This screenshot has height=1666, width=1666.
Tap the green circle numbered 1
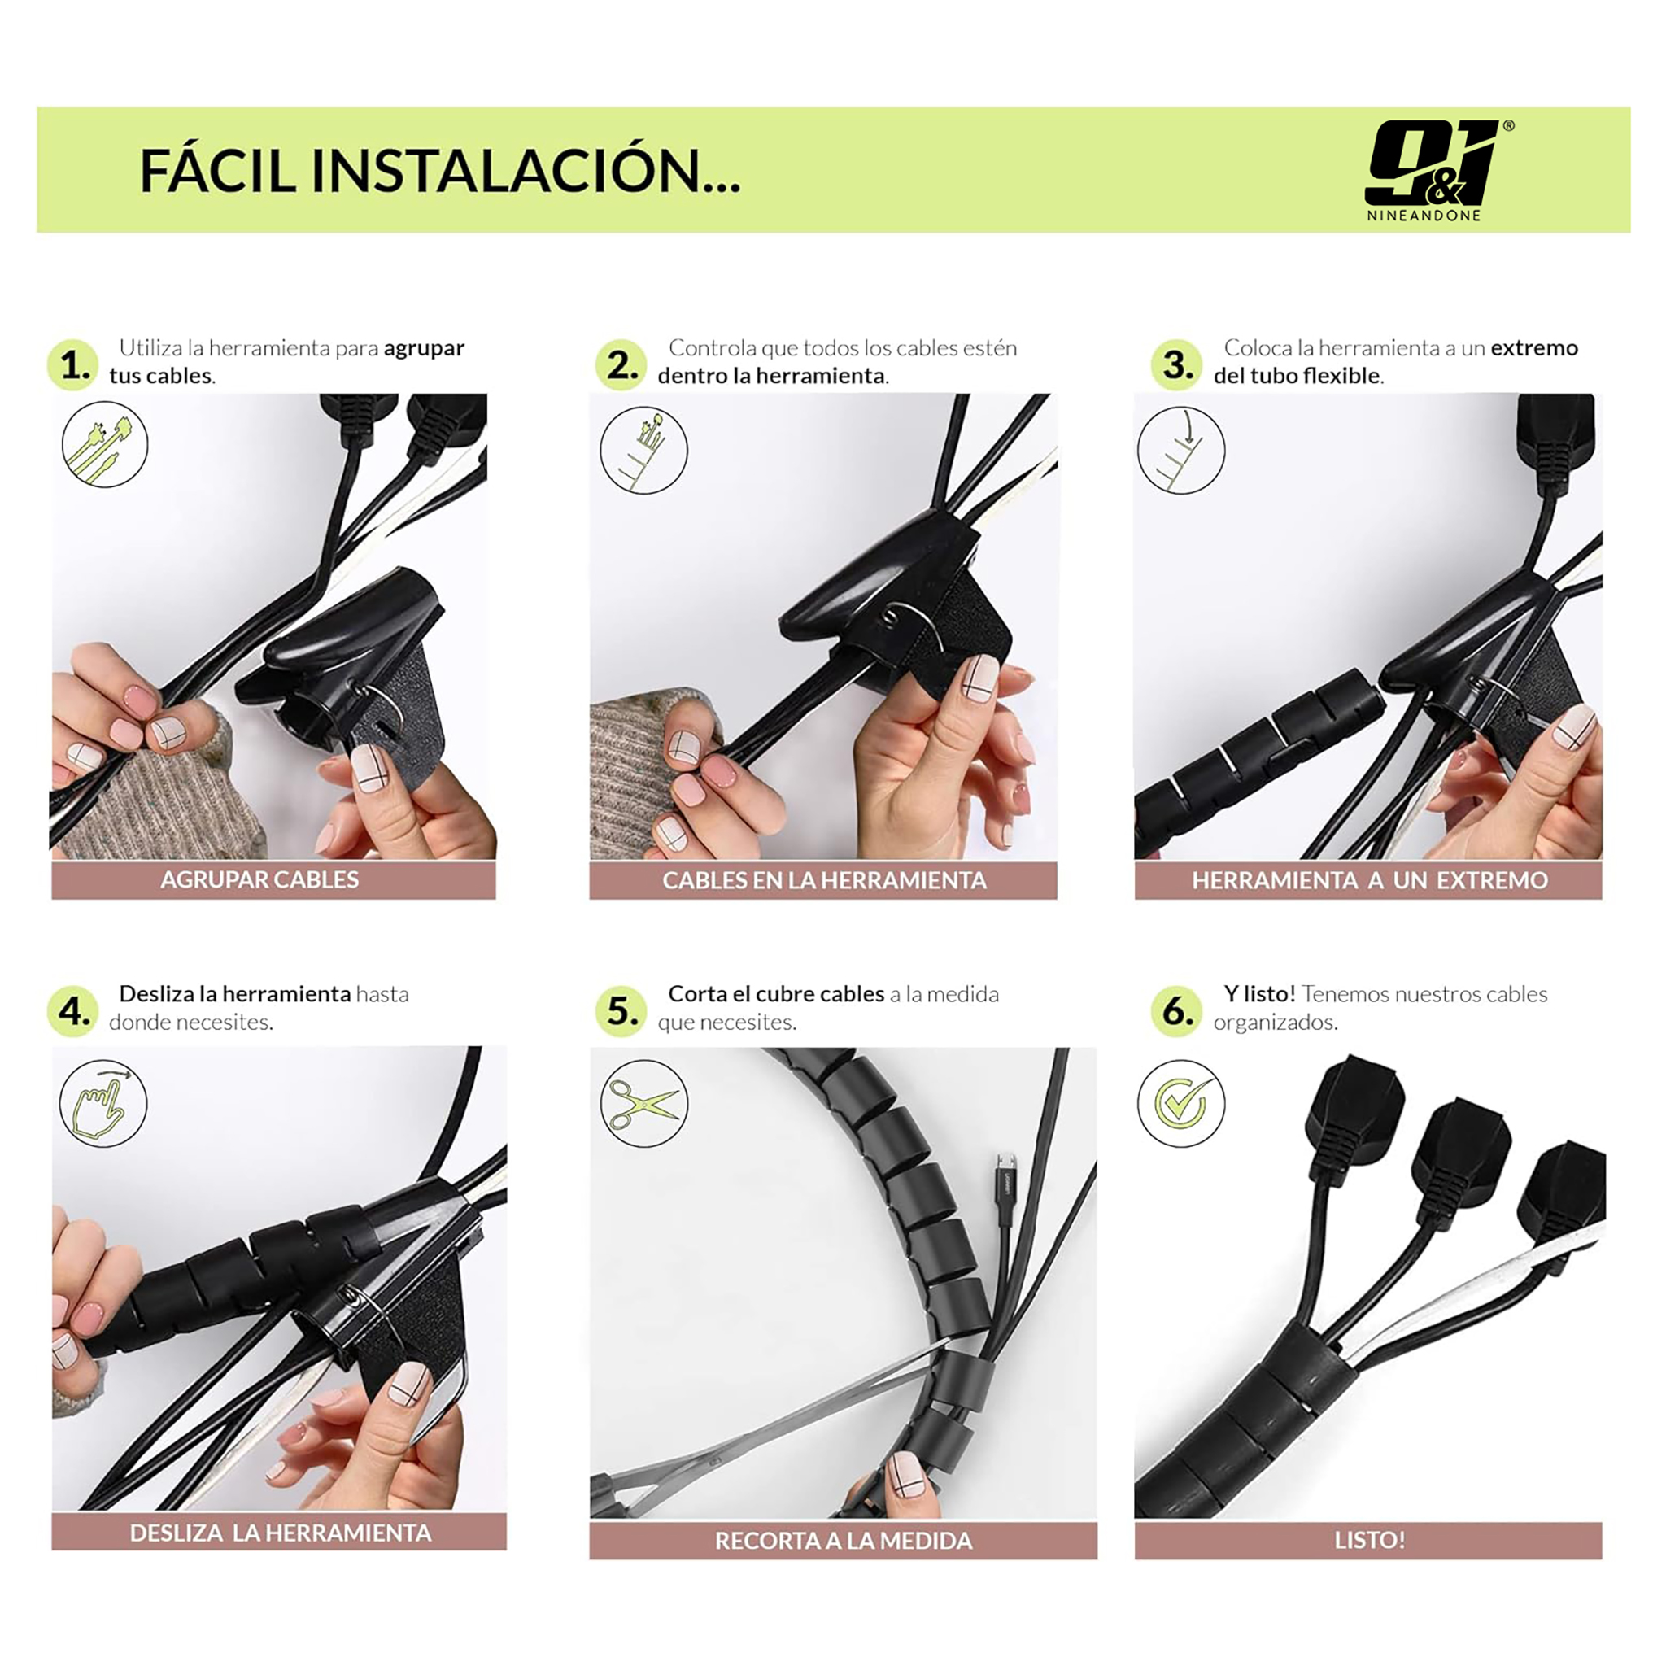[x=72, y=364]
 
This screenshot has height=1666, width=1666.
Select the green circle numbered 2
[x=621, y=364]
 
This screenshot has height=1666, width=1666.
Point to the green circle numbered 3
[x=1176, y=364]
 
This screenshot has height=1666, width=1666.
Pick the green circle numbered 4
[x=72, y=1010]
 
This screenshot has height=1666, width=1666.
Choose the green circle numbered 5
[x=621, y=1010]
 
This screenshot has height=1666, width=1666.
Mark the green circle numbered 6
[x=1176, y=1010]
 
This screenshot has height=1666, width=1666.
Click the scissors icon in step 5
[x=643, y=1104]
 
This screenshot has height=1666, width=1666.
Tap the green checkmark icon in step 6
[x=1181, y=1103]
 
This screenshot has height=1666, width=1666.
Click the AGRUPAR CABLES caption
[x=259, y=879]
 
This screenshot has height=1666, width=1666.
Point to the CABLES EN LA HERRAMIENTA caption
[x=823, y=880]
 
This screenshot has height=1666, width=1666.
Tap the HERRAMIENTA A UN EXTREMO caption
[x=1369, y=880]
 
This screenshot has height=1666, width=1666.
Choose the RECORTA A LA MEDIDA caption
[x=844, y=1541]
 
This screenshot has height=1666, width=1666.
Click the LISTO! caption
[x=1369, y=1540]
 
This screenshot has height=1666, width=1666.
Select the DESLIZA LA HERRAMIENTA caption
[x=281, y=1533]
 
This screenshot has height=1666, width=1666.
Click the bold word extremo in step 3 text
[x=1534, y=348]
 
